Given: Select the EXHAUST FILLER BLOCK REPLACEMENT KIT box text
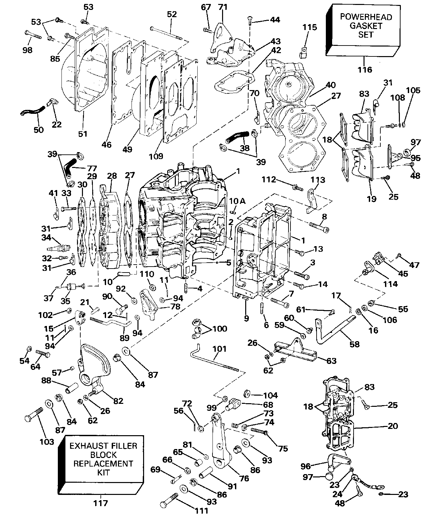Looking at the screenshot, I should pyautogui.click(x=103, y=459).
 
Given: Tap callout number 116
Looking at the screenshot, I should pyautogui.click(x=365, y=70).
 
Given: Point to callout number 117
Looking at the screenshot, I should pyautogui.click(x=100, y=503).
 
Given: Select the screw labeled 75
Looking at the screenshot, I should pyautogui.click(x=259, y=431).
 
